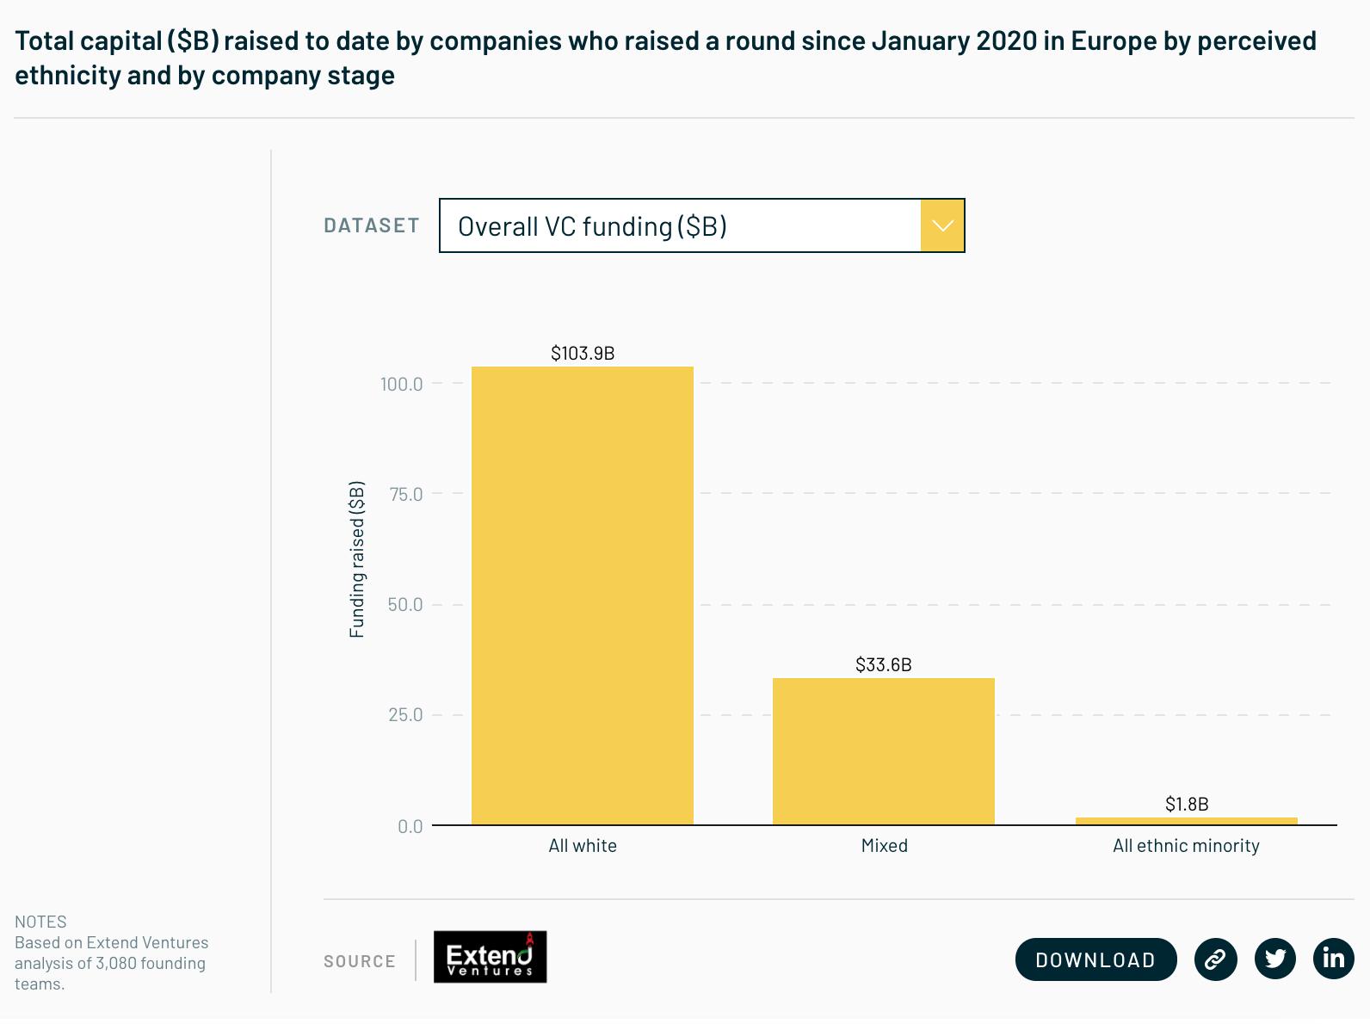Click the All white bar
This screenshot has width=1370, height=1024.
(x=582, y=595)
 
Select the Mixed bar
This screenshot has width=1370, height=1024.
(x=883, y=751)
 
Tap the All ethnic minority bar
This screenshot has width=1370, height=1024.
(x=1186, y=821)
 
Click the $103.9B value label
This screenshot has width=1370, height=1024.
(x=583, y=353)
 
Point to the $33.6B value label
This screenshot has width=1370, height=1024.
(x=883, y=664)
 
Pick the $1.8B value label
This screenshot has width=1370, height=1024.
(x=1187, y=804)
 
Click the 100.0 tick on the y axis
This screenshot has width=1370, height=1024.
(x=401, y=384)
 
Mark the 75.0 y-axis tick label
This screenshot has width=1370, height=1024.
(x=405, y=494)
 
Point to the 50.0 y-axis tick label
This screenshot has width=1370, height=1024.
(x=405, y=604)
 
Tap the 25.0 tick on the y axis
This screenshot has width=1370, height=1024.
(x=405, y=714)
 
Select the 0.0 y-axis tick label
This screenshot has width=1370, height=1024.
(x=410, y=826)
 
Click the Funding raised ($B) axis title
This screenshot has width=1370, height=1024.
(x=356, y=559)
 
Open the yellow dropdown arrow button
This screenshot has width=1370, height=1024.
(x=941, y=225)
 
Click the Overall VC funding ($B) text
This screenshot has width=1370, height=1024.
(x=592, y=226)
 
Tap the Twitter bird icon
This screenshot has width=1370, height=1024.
(x=1275, y=959)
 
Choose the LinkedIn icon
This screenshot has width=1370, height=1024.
(x=1333, y=959)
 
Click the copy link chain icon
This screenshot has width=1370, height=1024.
(x=1215, y=959)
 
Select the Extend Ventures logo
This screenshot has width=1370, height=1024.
(x=490, y=957)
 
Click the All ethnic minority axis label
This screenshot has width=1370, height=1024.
(x=1186, y=846)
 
